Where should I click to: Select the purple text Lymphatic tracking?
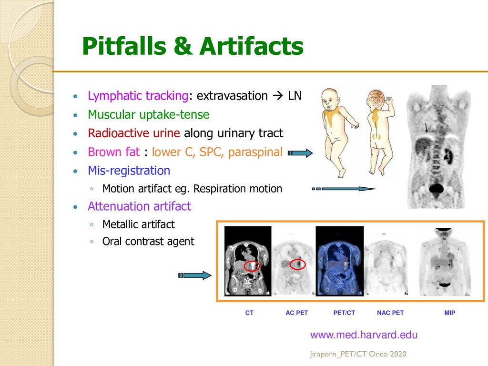coord(138,96)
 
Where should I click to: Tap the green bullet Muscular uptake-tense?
coord(148,114)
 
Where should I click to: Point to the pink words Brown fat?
coord(113,152)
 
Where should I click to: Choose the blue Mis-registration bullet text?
coord(129,170)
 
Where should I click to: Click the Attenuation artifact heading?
coord(139,206)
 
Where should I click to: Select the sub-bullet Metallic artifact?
coord(138,224)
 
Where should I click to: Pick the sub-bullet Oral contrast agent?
coord(148,241)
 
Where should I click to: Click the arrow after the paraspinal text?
coord(300,153)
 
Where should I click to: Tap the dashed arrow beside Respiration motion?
coord(344,189)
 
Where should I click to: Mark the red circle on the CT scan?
coord(252,266)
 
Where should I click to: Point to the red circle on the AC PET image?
coord(297,263)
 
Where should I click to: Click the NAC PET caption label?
coord(390,313)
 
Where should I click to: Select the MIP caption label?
coord(449,313)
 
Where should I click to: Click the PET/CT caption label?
coord(344,313)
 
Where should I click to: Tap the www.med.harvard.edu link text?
coord(364,335)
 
